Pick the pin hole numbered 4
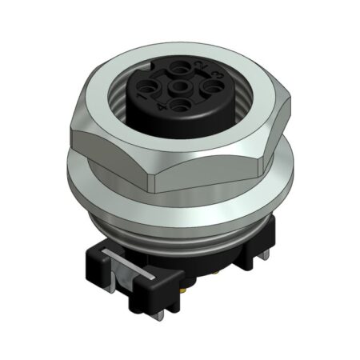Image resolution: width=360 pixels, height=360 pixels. pyautogui.click(x=181, y=106)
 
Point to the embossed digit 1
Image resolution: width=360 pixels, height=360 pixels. pyautogui.click(x=140, y=96)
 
